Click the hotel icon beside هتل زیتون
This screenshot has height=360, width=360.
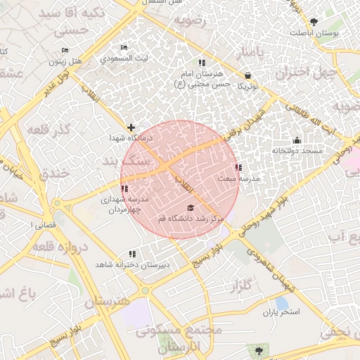tap(65, 51)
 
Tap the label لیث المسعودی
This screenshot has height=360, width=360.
tap(124, 58)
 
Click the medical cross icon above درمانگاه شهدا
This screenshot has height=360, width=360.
tap(131, 127)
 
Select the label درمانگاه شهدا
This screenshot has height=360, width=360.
tap(127, 139)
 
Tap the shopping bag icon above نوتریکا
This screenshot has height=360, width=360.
tap(247, 75)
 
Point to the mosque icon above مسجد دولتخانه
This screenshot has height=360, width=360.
tap(297, 140)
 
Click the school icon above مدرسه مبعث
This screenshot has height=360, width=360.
tap(239, 167)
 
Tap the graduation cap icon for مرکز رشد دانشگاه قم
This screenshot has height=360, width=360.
tap(191, 207)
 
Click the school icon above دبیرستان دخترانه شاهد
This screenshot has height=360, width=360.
tap(131, 254)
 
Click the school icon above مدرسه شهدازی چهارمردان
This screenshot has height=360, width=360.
tap(124, 188)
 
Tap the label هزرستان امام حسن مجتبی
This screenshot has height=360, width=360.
tap(204, 79)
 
